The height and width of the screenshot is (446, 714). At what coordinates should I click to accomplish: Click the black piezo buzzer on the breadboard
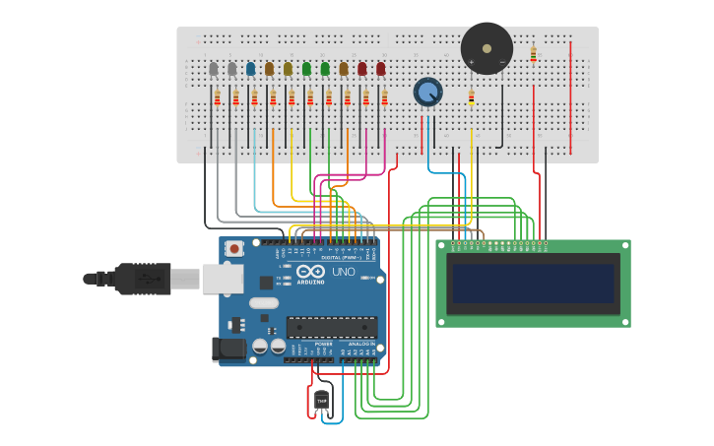[x=487, y=48]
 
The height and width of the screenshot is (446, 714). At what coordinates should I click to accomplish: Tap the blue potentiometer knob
[x=427, y=93]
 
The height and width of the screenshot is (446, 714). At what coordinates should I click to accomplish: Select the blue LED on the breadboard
[x=250, y=69]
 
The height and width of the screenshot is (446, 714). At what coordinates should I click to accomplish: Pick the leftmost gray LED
[x=213, y=69]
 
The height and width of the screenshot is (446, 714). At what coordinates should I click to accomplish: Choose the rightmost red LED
[x=380, y=69]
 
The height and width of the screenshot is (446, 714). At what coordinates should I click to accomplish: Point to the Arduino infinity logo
[x=310, y=272]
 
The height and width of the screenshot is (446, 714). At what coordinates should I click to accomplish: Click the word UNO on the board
[x=344, y=272]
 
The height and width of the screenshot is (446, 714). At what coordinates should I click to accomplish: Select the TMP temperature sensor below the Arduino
[x=321, y=400]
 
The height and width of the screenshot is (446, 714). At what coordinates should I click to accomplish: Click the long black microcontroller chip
[x=331, y=327]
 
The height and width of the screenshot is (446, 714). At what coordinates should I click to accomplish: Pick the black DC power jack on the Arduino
[x=228, y=349]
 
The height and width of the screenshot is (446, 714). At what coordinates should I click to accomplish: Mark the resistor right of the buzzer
[x=533, y=54]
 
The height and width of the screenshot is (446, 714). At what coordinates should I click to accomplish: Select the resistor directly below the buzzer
[x=471, y=96]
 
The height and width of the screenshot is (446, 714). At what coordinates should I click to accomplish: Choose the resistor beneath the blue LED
[x=254, y=96]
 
